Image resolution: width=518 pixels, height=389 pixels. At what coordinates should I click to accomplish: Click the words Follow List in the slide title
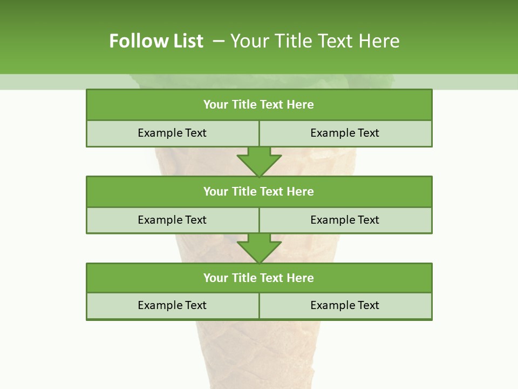coord(156,41)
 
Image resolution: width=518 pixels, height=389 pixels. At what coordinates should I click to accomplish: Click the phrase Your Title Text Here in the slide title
coord(315,41)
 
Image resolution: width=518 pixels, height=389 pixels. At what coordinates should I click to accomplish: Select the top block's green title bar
coord(259,105)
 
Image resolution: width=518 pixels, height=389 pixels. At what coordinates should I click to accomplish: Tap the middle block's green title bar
coord(259,191)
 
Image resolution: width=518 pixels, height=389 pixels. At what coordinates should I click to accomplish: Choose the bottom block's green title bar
coord(259,278)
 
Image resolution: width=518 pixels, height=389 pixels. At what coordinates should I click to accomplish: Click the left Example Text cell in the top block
coord(172,133)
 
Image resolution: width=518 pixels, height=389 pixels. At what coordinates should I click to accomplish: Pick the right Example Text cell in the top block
coord(345,133)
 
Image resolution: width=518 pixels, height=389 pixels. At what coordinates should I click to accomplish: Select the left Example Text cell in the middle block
coord(172,220)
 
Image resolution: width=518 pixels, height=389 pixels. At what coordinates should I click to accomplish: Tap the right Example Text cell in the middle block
coord(345,220)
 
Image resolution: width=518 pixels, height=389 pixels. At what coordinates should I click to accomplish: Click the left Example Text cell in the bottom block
coord(172,305)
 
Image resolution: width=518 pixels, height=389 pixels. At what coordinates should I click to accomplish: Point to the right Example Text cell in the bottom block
coord(345,305)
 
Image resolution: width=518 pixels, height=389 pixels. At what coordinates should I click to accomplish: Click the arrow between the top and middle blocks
coord(259,162)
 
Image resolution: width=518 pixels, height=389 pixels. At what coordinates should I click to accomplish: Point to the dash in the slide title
coord(218,41)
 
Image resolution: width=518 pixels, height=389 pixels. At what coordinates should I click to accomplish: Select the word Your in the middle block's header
coord(215,191)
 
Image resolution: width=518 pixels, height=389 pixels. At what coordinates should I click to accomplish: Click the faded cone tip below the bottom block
coord(259,357)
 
